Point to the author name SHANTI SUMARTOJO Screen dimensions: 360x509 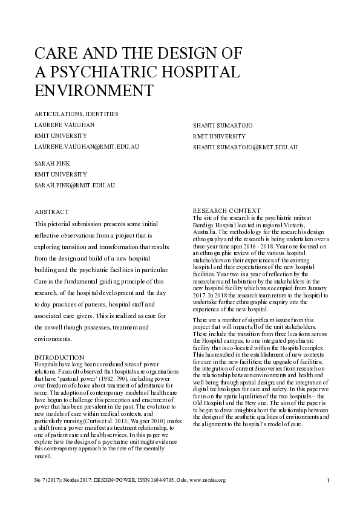pyautogui.click(x=223, y=125)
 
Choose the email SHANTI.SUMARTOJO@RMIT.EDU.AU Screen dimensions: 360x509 pyautogui.click(x=245, y=147)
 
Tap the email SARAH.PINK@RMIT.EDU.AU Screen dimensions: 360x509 pyautogui.click(x=74, y=185)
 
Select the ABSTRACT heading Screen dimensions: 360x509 pyautogui.click(x=51, y=212)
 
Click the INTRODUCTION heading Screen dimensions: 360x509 pyautogui.click(x=59, y=358)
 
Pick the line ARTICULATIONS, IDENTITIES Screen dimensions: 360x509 pyautogui.click(x=76, y=114)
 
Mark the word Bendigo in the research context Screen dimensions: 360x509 pyautogui.click(x=203, y=224)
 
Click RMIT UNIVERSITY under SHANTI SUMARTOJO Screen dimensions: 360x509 pyautogui.click(x=219, y=136)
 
